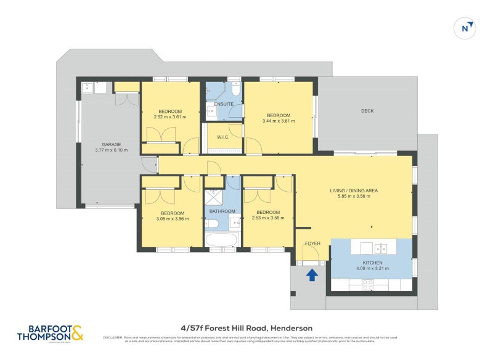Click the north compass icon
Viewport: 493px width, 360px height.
[x=467, y=28]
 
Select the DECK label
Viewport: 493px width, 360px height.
[x=367, y=111]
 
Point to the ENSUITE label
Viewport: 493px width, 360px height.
[x=224, y=104]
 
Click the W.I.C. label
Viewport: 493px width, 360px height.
[x=222, y=137]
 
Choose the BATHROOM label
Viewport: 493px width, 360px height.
[x=221, y=210]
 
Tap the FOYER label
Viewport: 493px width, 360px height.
[x=313, y=243]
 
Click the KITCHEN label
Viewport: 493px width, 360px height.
[x=372, y=263]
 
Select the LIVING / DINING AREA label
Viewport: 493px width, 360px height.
[x=354, y=190]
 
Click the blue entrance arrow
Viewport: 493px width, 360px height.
[x=312, y=274]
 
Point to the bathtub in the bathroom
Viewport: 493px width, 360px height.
[x=221, y=240]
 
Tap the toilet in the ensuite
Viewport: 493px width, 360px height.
[x=235, y=88]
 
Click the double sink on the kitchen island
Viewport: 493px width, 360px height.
[x=381, y=248]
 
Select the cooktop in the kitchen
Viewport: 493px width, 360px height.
[x=367, y=285]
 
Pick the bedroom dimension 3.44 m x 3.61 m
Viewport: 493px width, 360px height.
[x=279, y=121]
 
